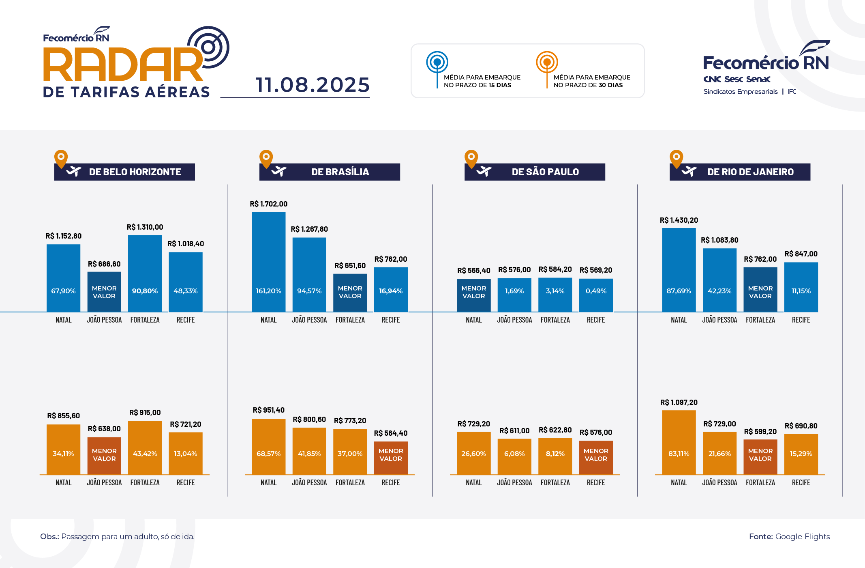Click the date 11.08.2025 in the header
(x=313, y=85)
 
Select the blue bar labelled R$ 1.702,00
(x=268, y=262)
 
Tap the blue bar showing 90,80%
(x=145, y=273)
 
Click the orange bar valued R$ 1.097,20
(x=679, y=442)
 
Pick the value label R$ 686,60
(x=104, y=264)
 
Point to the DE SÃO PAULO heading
(x=545, y=172)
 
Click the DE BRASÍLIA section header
(x=340, y=172)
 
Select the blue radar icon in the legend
(x=437, y=62)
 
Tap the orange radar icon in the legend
(x=547, y=62)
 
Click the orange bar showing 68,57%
(x=268, y=446)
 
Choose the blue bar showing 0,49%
(x=596, y=295)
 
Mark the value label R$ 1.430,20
(x=679, y=220)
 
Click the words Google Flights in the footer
(x=802, y=536)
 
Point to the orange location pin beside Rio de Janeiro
(x=676, y=158)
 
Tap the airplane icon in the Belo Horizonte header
(x=74, y=172)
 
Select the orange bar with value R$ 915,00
(x=145, y=448)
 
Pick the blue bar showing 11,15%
(x=801, y=287)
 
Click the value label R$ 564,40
(x=390, y=433)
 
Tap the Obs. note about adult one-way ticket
(x=117, y=536)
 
